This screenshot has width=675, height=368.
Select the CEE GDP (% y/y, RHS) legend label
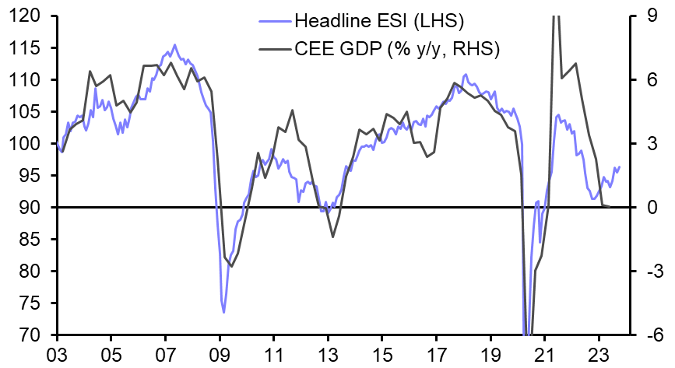click(397, 49)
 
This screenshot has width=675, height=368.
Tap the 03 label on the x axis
click(57, 354)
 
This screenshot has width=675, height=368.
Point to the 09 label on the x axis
click(220, 354)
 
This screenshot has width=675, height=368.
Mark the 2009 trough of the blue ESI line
click(224, 312)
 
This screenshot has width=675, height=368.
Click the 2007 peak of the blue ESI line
click(174, 45)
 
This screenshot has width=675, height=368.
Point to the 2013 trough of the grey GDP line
click(332, 237)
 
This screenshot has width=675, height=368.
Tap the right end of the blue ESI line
click(620, 166)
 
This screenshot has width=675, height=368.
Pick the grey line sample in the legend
click(272, 49)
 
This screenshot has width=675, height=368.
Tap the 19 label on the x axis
click(491, 354)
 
